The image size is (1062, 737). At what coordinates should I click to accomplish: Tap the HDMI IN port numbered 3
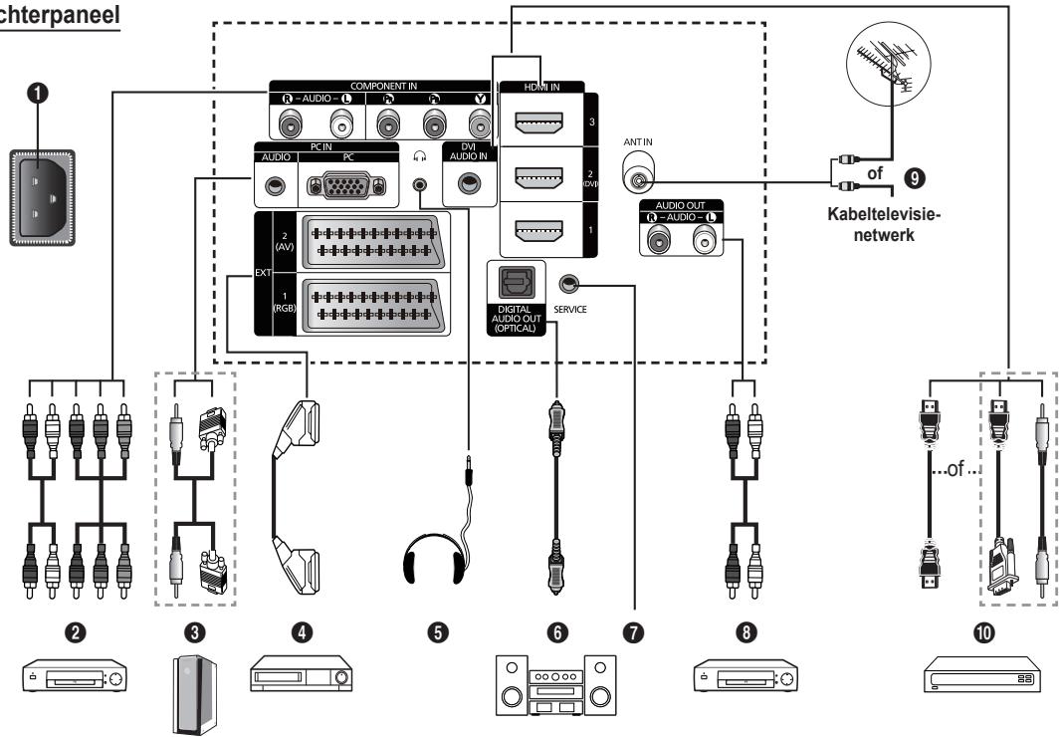tap(537, 124)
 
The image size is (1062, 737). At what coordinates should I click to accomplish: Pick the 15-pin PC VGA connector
tap(339, 186)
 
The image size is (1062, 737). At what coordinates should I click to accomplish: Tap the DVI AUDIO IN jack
tap(467, 183)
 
